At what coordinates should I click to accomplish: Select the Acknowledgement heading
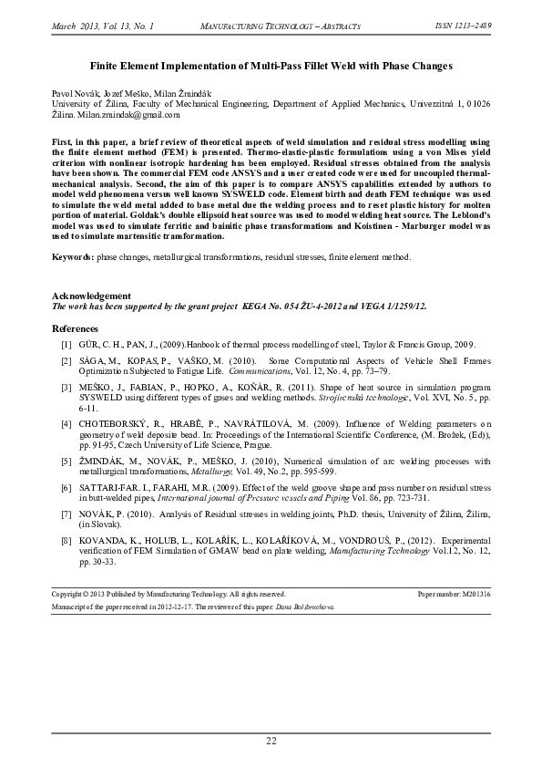(x=90, y=296)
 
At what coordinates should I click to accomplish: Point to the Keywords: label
(x=73, y=258)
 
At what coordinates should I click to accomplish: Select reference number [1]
(x=66, y=345)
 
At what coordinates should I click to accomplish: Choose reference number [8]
(x=66, y=541)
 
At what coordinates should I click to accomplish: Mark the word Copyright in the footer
(x=71, y=594)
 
